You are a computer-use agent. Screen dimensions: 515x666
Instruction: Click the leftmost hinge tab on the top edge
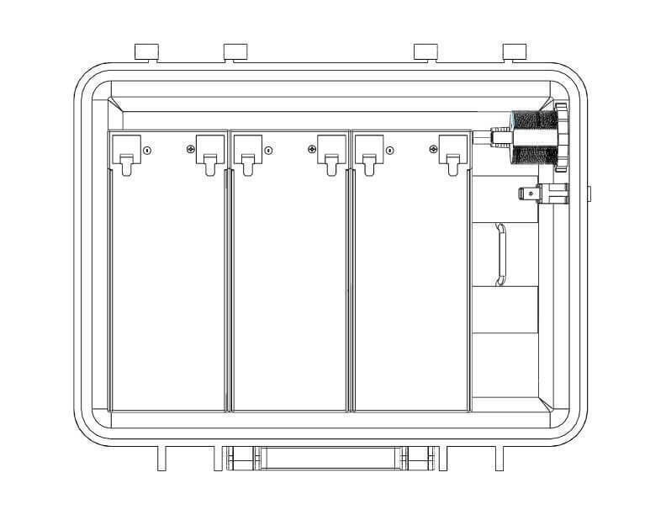(x=147, y=51)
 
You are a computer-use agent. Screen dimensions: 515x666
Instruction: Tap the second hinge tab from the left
(x=235, y=51)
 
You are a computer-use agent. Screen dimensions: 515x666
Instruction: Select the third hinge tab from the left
(x=427, y=51)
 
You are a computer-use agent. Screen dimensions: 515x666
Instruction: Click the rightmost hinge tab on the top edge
(x=515, y=51)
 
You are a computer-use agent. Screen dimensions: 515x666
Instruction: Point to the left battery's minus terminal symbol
(x=147, y=151)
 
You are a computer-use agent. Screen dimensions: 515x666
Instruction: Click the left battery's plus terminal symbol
(x=191, y=150)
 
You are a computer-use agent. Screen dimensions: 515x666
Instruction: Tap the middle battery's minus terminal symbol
(x=268, y=151)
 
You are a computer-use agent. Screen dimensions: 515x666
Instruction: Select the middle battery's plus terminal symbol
(x=312, y=150)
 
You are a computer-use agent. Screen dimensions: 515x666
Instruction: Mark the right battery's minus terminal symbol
(x=389, y=151)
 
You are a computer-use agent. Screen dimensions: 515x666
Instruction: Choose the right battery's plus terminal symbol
(x=433, y=150)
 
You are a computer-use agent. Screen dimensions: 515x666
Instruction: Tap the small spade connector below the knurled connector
(x=543, y=194)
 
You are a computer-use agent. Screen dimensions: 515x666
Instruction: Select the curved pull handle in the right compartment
(x=501, y=254)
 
